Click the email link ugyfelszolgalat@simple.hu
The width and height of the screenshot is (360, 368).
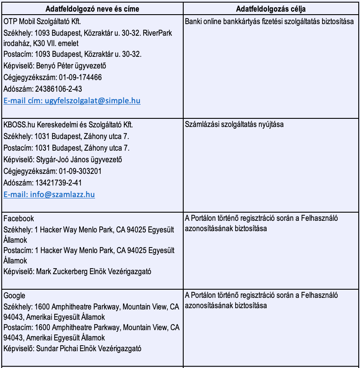pyautogui.click(x=72, y=101)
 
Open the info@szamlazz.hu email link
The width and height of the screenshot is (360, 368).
pyautogui.click(x=49, y=195)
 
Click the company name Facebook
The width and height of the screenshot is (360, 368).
pyautogui.click(x=18, y=219)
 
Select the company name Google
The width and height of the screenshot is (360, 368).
pyautogui.click(x=15, y=296)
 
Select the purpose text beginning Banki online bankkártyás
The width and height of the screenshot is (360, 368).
pyautogui.click(x=269, y=22)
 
